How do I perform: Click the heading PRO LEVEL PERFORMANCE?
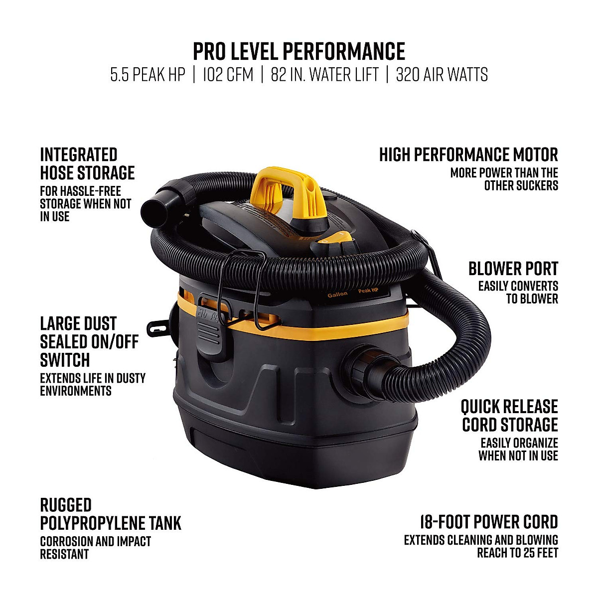pyautogui.click(x=299, y=51)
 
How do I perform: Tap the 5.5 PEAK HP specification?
pyautogui.click(x=148, y=75)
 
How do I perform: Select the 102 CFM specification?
pyautogui.click(x=228, y=75)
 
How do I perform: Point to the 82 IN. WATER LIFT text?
pyautogui.click(x=324, y=75)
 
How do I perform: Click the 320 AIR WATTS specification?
pyautogui.click(x=442, y=75)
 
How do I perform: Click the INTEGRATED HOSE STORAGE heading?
pyautogui.click(x=87, y=163)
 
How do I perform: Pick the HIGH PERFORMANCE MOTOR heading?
pyautogui.click(x=468, y=155)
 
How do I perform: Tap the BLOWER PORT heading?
pyautogui.click(x=513, y=269)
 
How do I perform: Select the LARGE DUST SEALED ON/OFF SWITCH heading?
pyautogui.click(x=89, y=342)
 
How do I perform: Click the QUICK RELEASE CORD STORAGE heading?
pyautogui.click(x=509, y=416)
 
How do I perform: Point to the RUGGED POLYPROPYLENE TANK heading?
pyautogui.click(x=110, y=514)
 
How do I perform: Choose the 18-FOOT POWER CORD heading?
pyautogui.click(x=488, y=522)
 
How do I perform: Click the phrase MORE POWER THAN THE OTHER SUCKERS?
pyautogui.click(x=504, y=179)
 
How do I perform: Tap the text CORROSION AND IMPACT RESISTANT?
pyautogui.click(x=95, y=548)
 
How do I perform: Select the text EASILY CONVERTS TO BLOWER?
pyautogui.click(x=518, y=293)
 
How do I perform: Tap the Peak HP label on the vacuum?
pyautogui.click(x=368, y=291)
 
